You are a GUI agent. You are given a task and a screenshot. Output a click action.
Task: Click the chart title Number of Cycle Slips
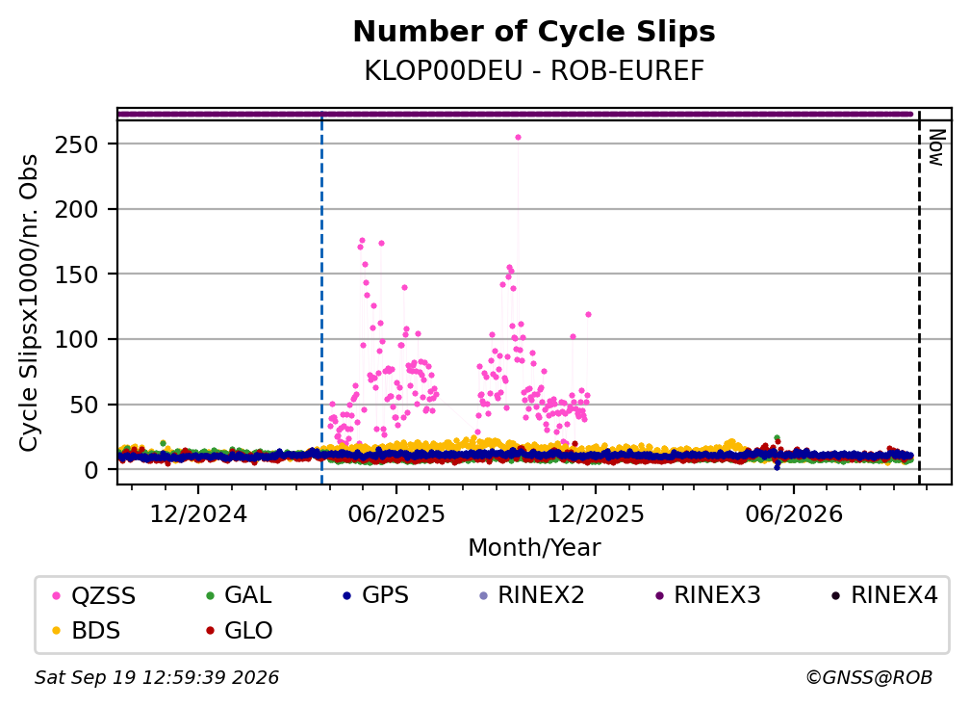pos(534,32)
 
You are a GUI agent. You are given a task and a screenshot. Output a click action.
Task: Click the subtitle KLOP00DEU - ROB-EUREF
pos(534,71)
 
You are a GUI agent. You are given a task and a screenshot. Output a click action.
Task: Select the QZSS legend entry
pos(94,595)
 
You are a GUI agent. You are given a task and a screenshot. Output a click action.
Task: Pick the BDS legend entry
pos(88,631)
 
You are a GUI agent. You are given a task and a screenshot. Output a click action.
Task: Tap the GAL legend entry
pos(239,595)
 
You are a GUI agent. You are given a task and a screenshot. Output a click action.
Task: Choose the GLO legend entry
pos(240,631)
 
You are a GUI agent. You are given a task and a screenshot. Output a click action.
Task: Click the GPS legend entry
pos(376,595)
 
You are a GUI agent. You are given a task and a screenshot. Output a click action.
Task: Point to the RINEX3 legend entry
pos(707,595)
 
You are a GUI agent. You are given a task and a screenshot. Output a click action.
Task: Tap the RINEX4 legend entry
pos(884,595)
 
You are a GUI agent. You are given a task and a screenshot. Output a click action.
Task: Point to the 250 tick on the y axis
pos(77,144)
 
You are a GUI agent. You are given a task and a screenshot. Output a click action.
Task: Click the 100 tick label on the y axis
pos(77,339)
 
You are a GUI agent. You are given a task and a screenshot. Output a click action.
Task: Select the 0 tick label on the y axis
pos(91,470)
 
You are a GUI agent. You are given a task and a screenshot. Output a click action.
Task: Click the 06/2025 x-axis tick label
pos(396,513)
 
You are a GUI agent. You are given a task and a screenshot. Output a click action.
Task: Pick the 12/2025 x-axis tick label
pos(596,513)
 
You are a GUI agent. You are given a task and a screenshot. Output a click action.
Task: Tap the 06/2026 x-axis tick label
pos(794,513)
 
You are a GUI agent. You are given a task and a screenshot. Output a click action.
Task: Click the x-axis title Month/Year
pos(534,548)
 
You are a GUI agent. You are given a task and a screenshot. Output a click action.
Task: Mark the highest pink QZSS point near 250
pos(519,138)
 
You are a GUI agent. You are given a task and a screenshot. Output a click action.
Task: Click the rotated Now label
pos(937,148)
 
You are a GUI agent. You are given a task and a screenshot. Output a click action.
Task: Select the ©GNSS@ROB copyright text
pos(869,677)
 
